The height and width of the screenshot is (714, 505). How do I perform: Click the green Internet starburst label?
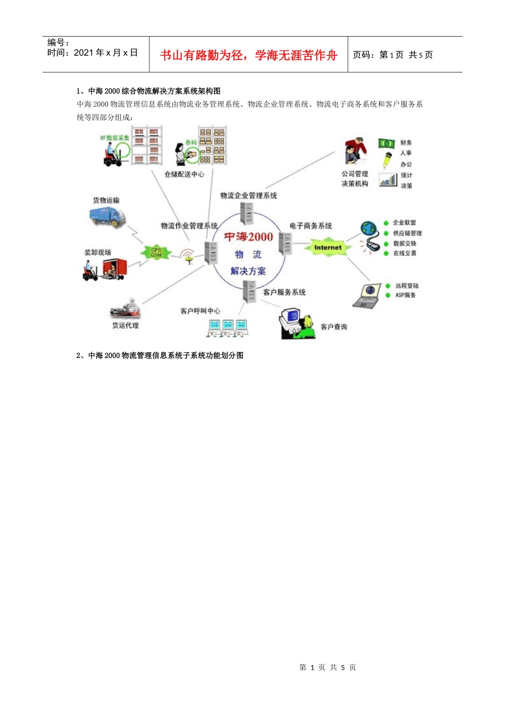click(327, 248)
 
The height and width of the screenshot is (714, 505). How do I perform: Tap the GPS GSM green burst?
click(156, 252)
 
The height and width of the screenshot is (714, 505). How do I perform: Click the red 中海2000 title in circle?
click(248, 237)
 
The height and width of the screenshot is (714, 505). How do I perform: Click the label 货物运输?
click(106, 200)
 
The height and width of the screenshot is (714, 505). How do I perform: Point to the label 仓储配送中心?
click(184, 174)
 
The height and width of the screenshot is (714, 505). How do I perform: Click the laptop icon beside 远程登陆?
click(366, 295)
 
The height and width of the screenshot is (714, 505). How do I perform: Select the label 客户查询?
click(334, 327)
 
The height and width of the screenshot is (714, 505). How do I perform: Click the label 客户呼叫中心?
click(200, 311)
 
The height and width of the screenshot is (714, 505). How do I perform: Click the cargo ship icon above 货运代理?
click(124, 310)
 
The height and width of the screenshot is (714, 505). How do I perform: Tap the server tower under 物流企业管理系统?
click(247, 213)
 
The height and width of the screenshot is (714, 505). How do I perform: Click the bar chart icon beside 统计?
click(388, 180)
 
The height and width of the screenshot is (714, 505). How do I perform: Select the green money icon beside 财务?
click(386, 143)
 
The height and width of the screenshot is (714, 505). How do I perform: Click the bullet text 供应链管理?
click(407, 233)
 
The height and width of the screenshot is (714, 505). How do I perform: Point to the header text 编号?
click(58, 42)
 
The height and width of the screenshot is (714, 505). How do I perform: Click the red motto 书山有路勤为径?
click(201, 55)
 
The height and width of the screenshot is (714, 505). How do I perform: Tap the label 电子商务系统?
click(310, 226)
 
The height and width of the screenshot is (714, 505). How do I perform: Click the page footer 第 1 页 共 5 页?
click(327, 667)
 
